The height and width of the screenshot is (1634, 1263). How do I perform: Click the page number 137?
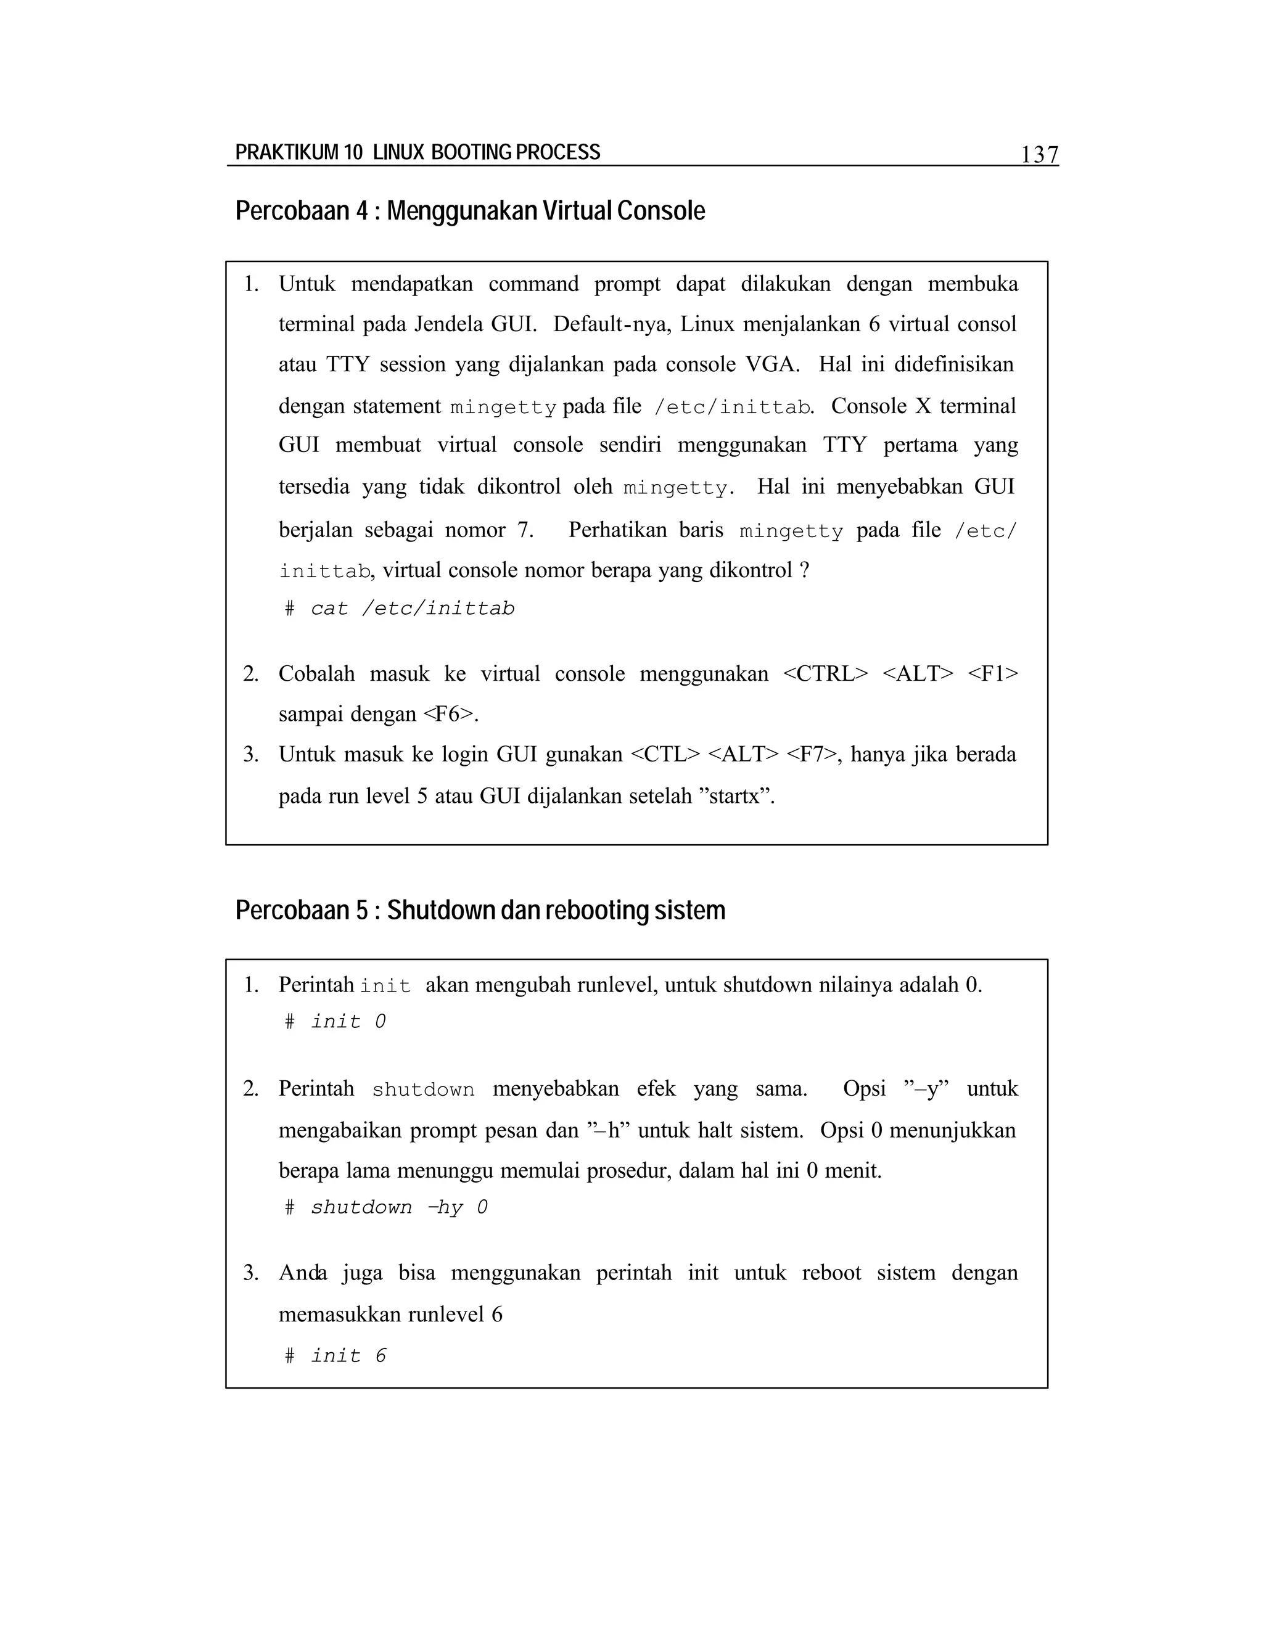(x=1039, y=154)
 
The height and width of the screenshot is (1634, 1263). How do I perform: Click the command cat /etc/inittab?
(x=413, y=608)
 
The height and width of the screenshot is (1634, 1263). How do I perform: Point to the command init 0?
(x=348, y=1021)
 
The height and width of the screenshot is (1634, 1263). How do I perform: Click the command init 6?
(x=348, y=1356)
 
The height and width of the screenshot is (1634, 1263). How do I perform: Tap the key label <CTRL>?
(x=825, y=673)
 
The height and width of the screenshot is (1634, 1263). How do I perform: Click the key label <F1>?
(x=992, y=673)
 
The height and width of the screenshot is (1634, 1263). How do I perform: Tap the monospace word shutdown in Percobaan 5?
(x=422, y=1090)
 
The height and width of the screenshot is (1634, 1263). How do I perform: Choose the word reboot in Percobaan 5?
(x=831, y=1273)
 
